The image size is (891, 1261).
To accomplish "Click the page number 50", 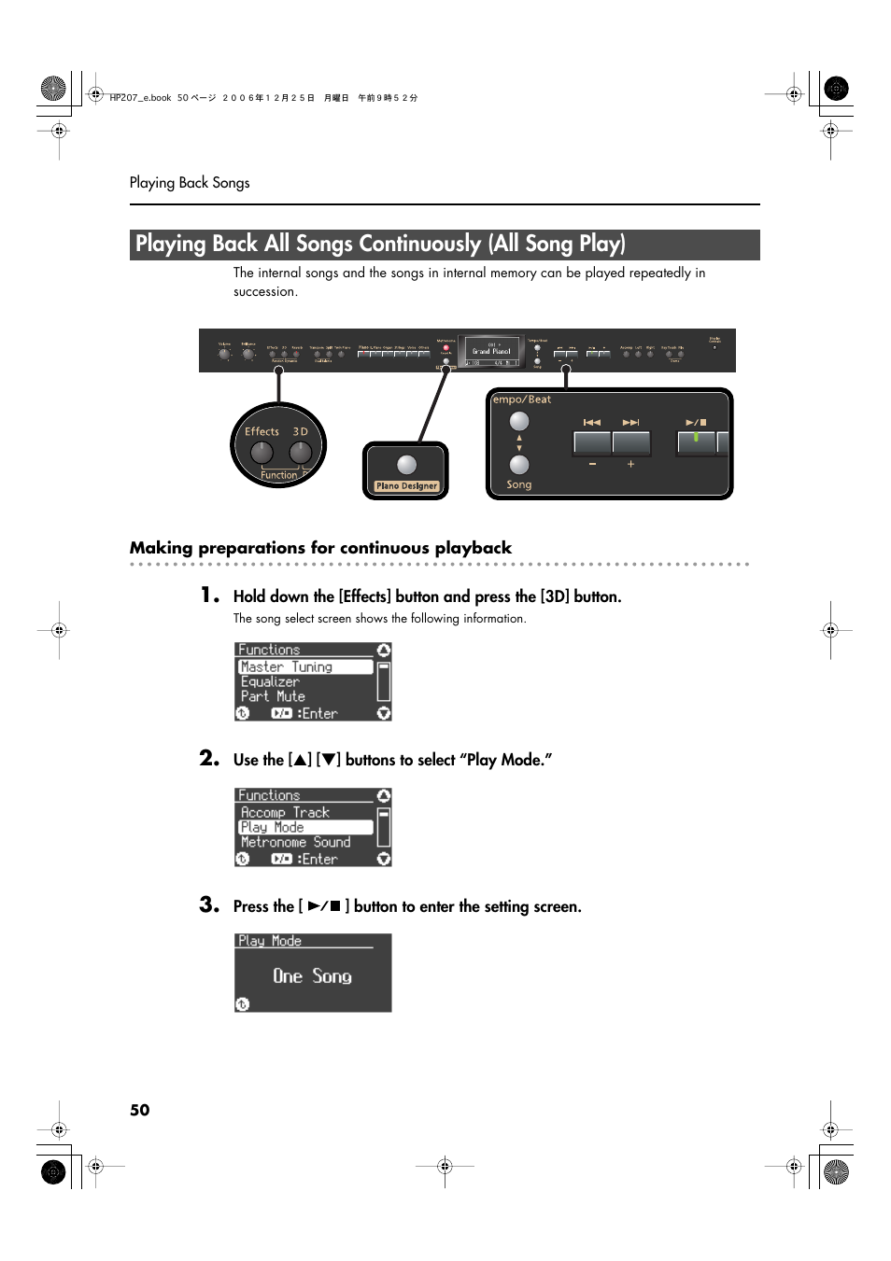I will pyautogui.click(x=139, y=1110).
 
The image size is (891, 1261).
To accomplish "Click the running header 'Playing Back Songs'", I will pyautogui.click(x=190, y=183).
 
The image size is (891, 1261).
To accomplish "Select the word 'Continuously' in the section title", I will pyautogui.click(x=419, y=245).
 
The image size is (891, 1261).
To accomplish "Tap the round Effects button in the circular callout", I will pyautogui.click(x=262, y=453).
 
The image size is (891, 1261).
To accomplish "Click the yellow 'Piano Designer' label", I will pyautogui.click(x=406, y=486).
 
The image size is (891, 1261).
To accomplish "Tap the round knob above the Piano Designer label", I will pyautogui.click(x=406, y=465).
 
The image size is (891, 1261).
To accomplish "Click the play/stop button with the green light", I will pyautogui.click(x=696, y=442).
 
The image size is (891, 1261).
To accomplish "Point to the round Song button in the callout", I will pyautogui.click(x=519, y=465).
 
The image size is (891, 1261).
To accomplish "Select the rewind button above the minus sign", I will pyautogui.click(x=592, y=442).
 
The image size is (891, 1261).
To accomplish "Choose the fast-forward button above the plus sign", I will pyautogui.click(x=631, y=442).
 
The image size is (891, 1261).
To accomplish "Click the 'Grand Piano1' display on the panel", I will pyautogui.click(x=491, y=352).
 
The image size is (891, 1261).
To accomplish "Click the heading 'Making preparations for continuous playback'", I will pyautogui.click(x=320, y=548).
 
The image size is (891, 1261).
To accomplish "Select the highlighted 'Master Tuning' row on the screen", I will pyautogui.click(x=304, y=667).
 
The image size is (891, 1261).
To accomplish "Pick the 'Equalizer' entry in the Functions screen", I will pyautogui.click(x=270, y=682).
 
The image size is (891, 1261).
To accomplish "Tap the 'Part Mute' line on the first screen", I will pyautogui.click(x=273, y=696).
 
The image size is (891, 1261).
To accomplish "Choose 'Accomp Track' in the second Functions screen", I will pyautogui.click(x=285, y=813).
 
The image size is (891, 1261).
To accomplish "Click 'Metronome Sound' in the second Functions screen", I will pyautogui.click(x=295, y=842).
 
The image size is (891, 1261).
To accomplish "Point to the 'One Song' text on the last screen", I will pyautogui.click(x=312, y=976).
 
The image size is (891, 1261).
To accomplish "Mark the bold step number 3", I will pyautogui.click(x=209, y=904).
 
